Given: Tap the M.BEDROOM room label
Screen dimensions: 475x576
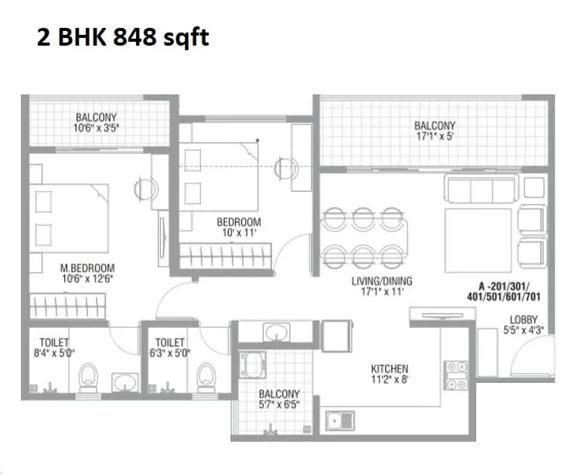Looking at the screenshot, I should pyautogui.click(x=87, y=268).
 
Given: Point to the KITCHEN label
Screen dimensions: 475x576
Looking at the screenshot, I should pyautogui.click(x=390, y=368).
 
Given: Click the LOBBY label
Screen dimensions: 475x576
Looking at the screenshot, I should pyautogui.click(x=523, y=320).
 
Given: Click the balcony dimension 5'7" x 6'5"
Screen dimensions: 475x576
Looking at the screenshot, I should pyautogui.click(x=278, y=405).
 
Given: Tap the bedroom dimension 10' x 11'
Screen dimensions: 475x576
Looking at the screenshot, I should pyautogui.click(x=238, y=232).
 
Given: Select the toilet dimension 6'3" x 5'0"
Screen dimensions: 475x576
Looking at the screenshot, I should pyautogui.click(x=170, y=353).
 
